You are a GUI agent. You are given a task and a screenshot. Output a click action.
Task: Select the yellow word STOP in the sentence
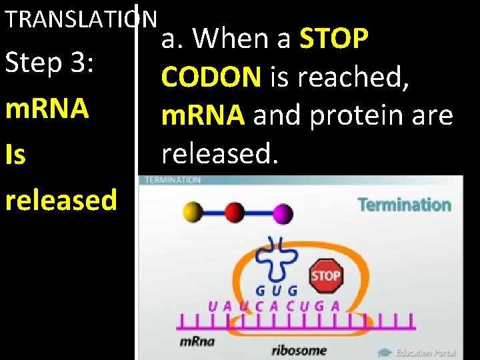(334, 39)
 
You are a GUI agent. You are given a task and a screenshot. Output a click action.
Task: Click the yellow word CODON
(211, 78)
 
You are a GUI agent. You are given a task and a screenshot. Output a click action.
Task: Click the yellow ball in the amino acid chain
(193, 213)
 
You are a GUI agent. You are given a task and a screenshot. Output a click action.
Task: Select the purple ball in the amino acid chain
(283, 213)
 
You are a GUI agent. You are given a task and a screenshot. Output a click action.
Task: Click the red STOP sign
(325, 275)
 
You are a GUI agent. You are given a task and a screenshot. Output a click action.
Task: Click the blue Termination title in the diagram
(404, 205)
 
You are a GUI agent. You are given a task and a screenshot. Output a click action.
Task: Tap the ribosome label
(299, 349)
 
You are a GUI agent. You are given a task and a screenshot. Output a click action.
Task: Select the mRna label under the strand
(197, 341)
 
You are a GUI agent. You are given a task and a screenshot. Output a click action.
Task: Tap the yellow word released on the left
(61, 199)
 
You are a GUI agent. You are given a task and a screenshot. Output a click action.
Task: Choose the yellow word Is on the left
(15, 155)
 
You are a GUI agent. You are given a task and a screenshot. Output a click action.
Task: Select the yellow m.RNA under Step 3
(47, 109)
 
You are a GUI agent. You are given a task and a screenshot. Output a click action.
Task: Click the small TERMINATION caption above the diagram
(172, 180)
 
